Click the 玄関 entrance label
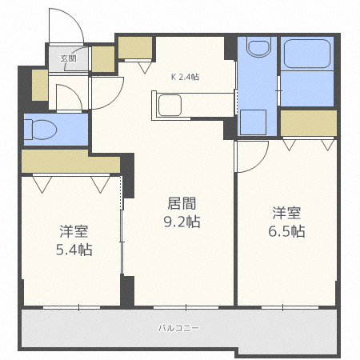pos(68,58)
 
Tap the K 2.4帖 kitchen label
pos(184,77)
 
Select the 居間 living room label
pos(182,204)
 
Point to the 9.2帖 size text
pos(182,222)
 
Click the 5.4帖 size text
pos(74,250)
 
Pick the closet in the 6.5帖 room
pos(308,123)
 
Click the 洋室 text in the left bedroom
pos(74,232)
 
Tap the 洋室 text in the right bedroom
pos(286,213)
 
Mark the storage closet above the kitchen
pos(134,48)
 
